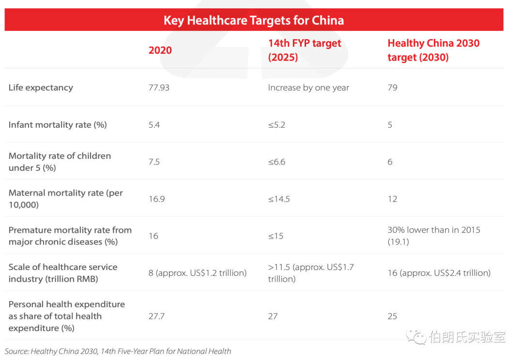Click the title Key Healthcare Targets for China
pos(254,20)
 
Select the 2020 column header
pos(160,50)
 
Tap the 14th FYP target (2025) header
pos(305,50)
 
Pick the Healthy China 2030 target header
pos(433,50)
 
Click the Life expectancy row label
pos(41,88)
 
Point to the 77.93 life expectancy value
pos(159,88)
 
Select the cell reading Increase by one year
pos(308,88)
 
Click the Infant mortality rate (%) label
pos(57,125)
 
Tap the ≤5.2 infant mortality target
pos(277,125)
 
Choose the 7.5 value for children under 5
pos(154,162)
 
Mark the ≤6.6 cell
pos(277,162)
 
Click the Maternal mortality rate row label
pos(65,199)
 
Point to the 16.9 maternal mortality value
pos(156,199)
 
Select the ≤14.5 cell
pos(279,199)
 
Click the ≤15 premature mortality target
pos(276,236)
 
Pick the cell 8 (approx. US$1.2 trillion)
pos(198,273)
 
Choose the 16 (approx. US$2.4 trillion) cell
pos(439,273)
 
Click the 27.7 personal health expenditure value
pos(156,316)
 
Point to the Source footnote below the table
pos(118,351)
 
